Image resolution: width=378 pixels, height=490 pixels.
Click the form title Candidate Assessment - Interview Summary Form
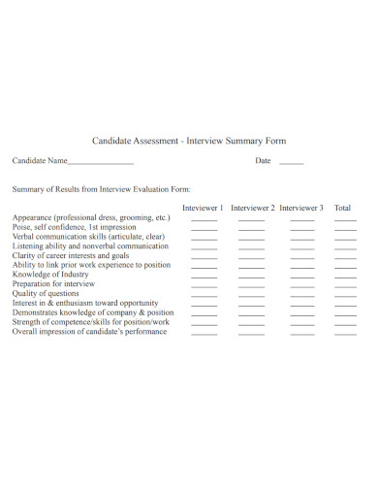pyautogui.click(x=188, y=141)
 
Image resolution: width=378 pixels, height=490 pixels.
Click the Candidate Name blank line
pyautogui.click(x=100, y=163)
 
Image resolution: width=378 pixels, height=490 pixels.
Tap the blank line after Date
pyautogui.click(x=291, y=163)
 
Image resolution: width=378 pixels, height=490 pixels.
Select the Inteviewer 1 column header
pyautogui.click(x=204, y=208)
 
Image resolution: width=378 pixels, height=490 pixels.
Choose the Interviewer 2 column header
pyautogui.click(x=253, y=208)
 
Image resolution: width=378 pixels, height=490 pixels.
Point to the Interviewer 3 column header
pyautogui.click(x=301, y=208)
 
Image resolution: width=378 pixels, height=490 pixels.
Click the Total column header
pyautogui.click(x=343, y=208)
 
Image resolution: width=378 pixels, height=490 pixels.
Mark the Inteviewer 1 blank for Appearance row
pyautogui.click(x=204, y=221)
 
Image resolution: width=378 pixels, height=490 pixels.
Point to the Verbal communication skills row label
pyautogui.click(x=88, y=236)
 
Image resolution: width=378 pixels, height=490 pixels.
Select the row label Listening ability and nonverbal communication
pyautogui.click(x=90, y=245)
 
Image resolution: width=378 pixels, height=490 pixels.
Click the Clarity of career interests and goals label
pyautogui.click(x=71, y=255)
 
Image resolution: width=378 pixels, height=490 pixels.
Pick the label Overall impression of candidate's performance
pyautogui.click(x=89, y=331)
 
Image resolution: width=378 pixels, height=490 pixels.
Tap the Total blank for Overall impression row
pyautogui.click(x=345, y=335)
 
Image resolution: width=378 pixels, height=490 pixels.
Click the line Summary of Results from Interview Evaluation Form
pyautogui.click(x=101, y=189)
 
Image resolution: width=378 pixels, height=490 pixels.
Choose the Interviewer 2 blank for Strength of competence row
pyautogui.click(x=251, y=325)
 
